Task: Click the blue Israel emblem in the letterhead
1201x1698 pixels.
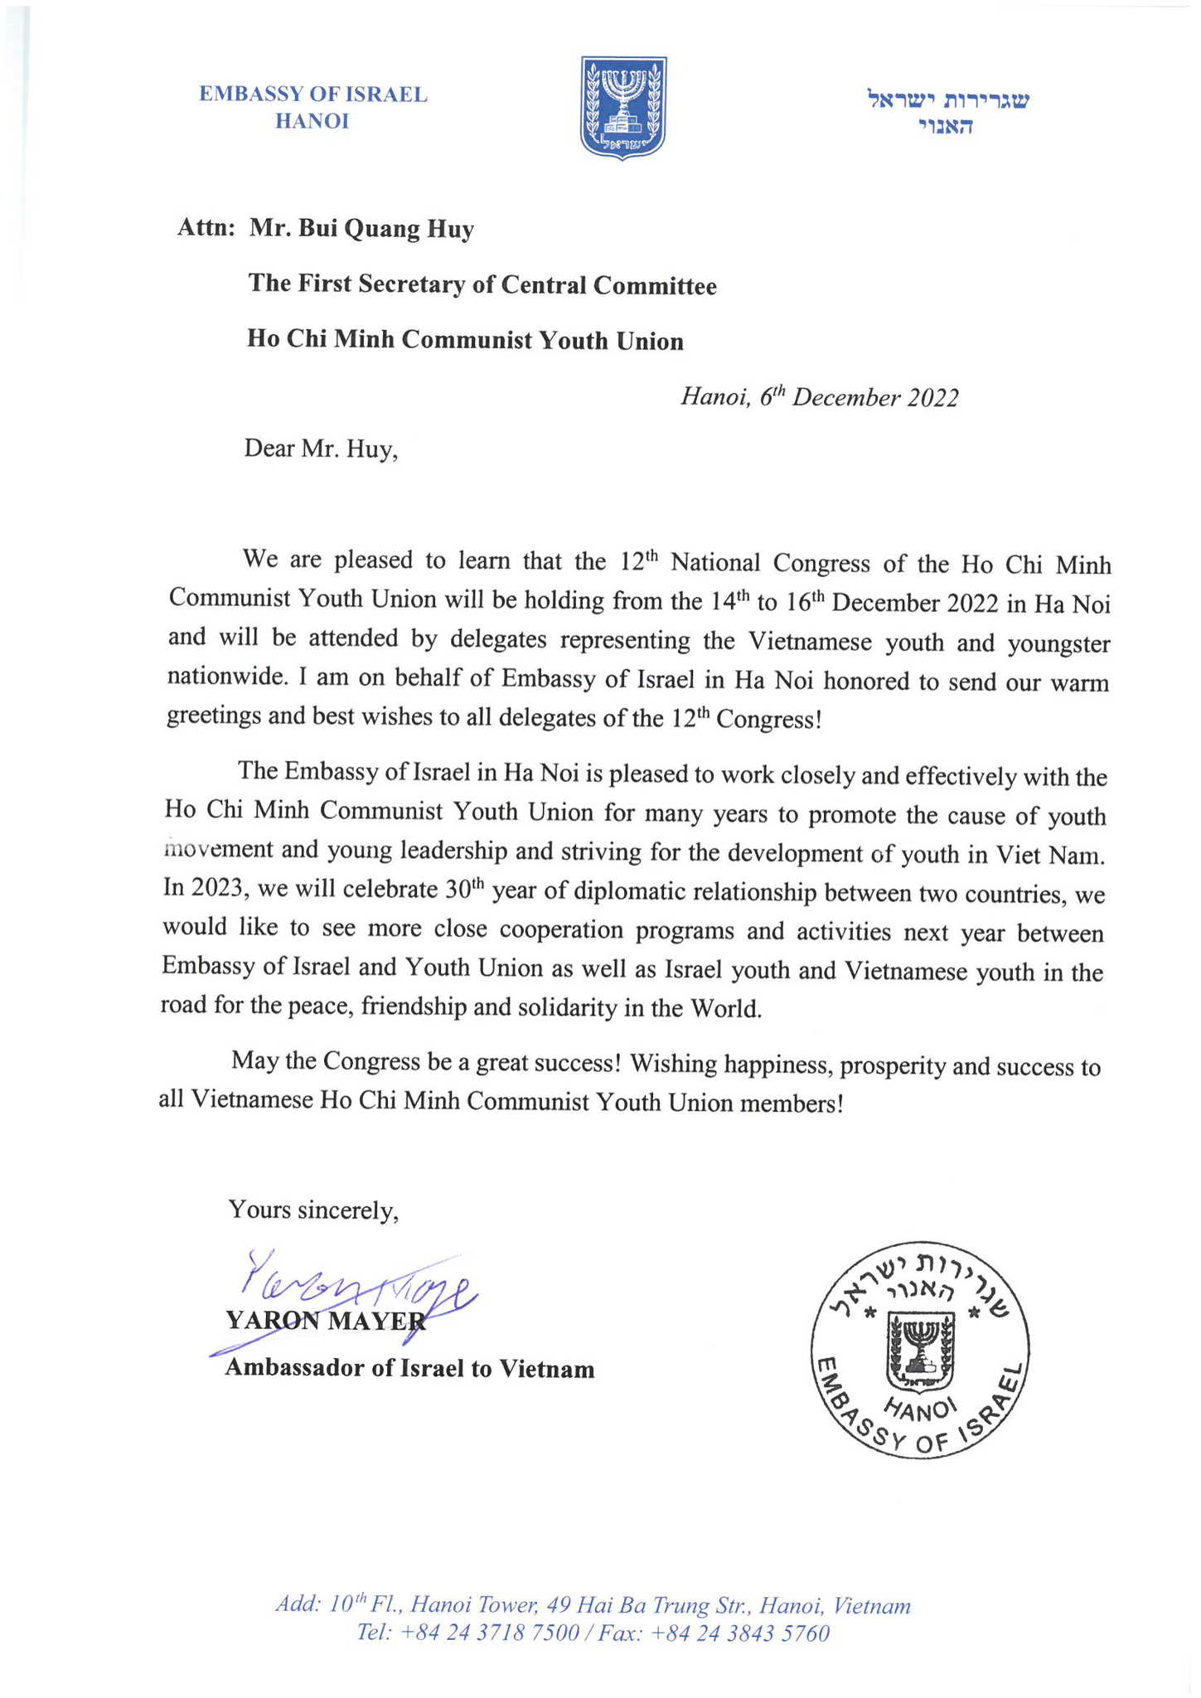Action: pos(623,108)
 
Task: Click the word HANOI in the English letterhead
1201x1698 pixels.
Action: pos(312,122)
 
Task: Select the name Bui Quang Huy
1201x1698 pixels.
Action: pos(362,229)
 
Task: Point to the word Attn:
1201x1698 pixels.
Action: pos(207,229)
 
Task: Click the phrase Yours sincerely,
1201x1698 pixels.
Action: pos(313,1210)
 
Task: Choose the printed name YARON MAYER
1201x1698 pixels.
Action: pos(326,1321)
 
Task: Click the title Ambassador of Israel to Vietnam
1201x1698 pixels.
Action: pos(409,1368)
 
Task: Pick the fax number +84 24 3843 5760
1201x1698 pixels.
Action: pos(740,1633)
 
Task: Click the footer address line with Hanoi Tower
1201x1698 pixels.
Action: pos(593,1605)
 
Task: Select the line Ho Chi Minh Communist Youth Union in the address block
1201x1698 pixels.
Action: pos(465,341)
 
